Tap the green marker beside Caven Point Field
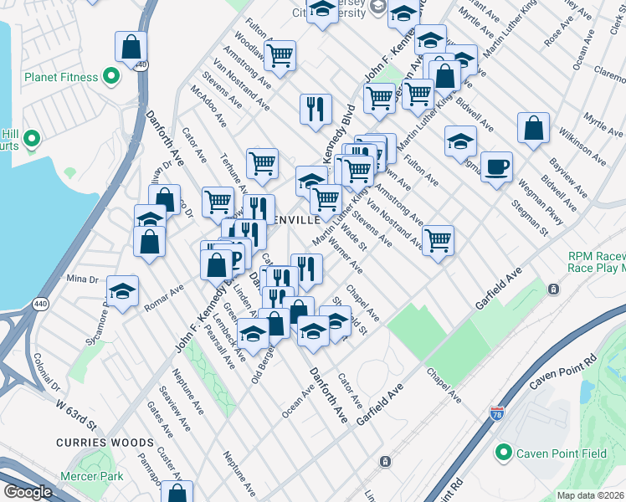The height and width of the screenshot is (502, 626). [503, 453]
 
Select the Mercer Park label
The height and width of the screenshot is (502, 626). [91, 476]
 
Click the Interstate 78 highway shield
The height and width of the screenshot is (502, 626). [497, 414]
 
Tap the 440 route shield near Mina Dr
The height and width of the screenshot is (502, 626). [40, 302]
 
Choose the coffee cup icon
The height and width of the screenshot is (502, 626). [496, 167]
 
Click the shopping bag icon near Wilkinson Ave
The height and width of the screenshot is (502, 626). [533, 128]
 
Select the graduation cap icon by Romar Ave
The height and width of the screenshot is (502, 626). [122, 292]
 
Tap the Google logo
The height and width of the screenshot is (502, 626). [28, 492]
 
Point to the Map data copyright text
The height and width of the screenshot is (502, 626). [591, 495]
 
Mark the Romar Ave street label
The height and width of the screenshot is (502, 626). [163, 295]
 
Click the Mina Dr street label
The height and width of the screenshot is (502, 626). [82, 278]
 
